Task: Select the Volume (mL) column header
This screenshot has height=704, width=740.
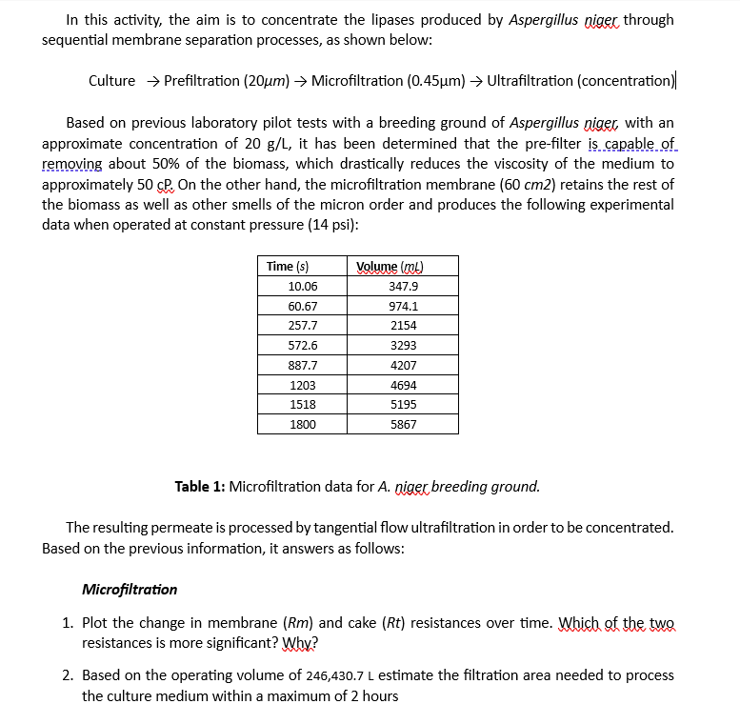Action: click(389, 267)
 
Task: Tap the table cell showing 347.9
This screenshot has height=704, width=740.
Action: click(403, 287)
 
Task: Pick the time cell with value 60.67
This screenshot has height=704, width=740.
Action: click(303, 307)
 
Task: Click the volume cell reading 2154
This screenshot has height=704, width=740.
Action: click(403, 326)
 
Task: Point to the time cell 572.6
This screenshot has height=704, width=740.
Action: click(303, 346)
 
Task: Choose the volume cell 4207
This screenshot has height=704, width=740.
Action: click(403, 365)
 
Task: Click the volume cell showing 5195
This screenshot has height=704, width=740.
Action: click(403, 404)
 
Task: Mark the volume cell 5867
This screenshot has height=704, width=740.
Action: click(403, 424)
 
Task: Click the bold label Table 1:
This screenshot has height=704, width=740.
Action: click(200, 487)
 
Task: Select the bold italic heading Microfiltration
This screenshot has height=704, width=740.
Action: click(130, 589)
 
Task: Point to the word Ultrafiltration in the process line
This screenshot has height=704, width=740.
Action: click(530, 80)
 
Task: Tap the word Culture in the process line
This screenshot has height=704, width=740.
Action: click(111, 80)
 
